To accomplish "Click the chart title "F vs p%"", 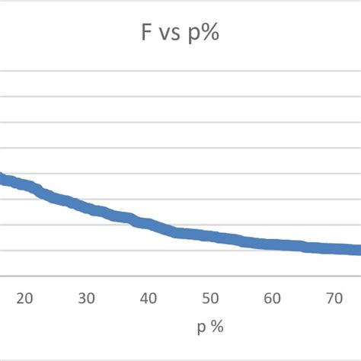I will (180, 35).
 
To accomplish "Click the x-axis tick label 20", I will (24, 298).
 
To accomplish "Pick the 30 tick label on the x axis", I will (86, 298).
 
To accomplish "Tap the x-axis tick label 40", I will (149, 298).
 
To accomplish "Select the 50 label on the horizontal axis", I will (211, 298).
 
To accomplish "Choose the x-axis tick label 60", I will (273, 298).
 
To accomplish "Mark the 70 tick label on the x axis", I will (336, 298).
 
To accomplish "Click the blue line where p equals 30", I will (86, 208).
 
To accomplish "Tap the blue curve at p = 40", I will (149, 224).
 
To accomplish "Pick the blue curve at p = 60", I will (273, 244).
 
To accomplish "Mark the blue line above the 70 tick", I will (336, 248).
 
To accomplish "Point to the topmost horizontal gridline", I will (180, 72).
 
